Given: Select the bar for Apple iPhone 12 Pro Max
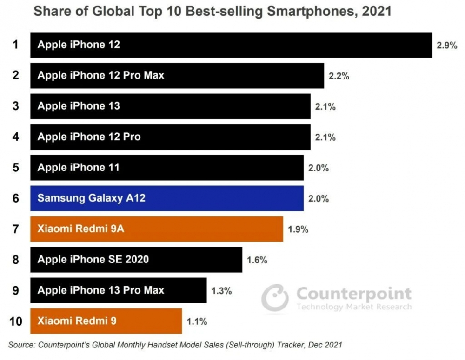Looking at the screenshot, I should (177, 75).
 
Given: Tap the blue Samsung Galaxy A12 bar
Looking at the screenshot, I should (167, 198).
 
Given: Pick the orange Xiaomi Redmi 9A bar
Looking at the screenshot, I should (157, 229).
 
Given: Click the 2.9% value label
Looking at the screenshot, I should (447, 45).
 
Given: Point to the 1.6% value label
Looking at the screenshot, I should (257, 260).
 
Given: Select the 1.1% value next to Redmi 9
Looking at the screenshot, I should (197, 321).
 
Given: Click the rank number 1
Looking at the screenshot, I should (16, 45).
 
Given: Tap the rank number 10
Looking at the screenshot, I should (16, 321).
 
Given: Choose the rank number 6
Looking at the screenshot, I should (16, 198).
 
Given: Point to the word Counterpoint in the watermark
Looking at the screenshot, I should (354, 294).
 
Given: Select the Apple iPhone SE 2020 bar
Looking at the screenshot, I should (136, 260).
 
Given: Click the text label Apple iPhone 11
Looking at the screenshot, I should (78, 168).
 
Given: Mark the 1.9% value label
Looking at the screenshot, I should (298, 229).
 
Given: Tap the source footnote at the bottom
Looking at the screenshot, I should (175, 345).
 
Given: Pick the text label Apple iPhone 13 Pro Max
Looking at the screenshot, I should (101, 290).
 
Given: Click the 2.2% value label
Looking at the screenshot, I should (339, 76).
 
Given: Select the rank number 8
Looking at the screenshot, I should (16, 260).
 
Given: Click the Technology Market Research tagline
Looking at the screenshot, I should (354, 307).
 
